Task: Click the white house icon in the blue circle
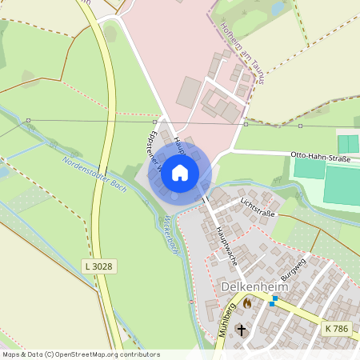click(180, 172)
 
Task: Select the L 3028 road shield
click(97, 265)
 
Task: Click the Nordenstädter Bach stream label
click(94, 174)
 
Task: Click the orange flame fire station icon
click(247, 303)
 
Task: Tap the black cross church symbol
click(242, 330)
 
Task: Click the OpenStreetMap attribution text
click(81, 354)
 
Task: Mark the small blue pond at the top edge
click(278, 9)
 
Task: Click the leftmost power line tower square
click(28, 120)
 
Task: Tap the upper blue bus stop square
click(274, 298)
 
